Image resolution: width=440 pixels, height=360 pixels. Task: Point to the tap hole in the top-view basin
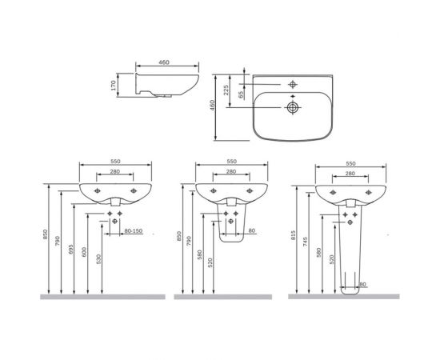[292, 83]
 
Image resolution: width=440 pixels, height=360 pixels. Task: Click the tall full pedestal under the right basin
[347, 248]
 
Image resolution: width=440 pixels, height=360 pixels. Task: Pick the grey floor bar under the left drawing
[102, 295]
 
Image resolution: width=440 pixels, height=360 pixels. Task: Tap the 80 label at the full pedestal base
[362, 283]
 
